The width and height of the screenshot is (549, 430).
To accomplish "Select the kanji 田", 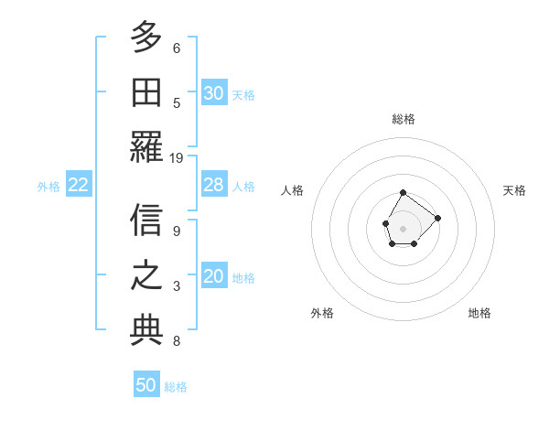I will [146, 92].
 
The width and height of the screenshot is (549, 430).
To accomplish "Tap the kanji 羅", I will [146, 146].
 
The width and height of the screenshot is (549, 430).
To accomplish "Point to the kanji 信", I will [146, 220].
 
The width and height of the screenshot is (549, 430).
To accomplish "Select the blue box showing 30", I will [213, 93].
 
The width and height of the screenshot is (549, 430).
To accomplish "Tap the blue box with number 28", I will [213, 185].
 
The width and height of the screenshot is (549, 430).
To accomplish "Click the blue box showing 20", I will [213, 277].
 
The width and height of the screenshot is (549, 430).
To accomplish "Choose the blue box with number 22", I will [79, 185].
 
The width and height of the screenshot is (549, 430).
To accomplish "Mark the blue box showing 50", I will [146, 385].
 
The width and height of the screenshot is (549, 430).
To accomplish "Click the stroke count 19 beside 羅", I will [177, 157].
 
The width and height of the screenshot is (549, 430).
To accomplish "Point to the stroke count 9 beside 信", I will [177, 231].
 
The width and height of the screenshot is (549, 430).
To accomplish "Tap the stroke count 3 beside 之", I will [177, 286].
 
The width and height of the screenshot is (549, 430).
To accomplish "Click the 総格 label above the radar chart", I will [404, 119].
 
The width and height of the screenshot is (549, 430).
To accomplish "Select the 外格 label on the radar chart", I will [322, 313].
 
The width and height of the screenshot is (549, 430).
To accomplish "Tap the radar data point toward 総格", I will [404, 192].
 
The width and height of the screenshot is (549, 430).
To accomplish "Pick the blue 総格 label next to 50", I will [176, 387].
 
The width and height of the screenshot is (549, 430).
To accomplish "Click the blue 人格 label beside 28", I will [243, 187].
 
